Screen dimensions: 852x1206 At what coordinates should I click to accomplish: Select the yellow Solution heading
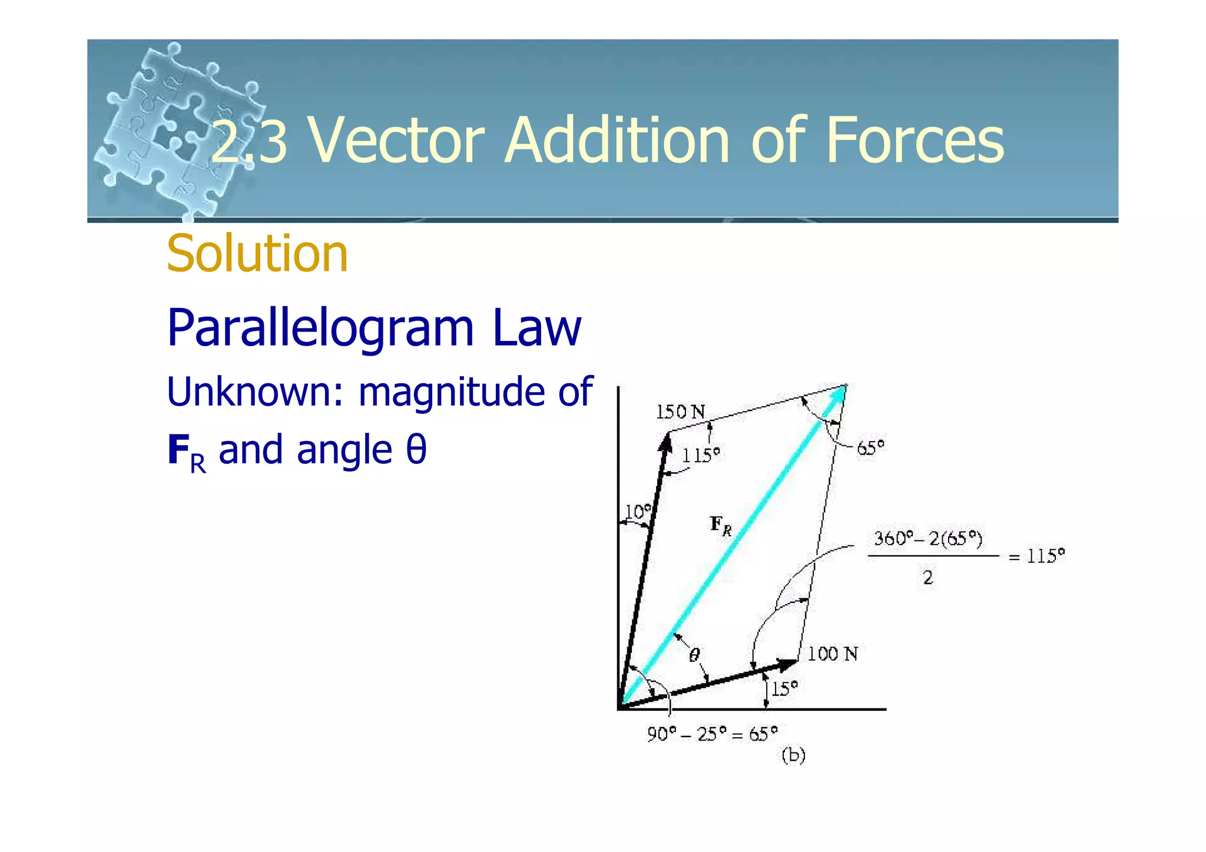tap(257, 254)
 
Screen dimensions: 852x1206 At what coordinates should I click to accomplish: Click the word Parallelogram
tap(321, 329)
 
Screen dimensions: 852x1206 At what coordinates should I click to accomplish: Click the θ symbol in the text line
tap(416, 450)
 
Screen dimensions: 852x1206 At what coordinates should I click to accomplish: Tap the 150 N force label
tap(680, 412)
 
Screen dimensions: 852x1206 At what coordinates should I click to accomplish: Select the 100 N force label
tap(832, 654)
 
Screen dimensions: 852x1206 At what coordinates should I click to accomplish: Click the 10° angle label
tap(638, 512)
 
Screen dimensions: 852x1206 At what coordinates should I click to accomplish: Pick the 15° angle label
tap(784, 689)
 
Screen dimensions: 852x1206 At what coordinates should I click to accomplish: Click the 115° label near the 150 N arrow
tap(701, 455)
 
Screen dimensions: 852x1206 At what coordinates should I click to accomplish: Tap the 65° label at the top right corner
tap(870, 449)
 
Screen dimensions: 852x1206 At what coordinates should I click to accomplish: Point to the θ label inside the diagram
tap(695, 655)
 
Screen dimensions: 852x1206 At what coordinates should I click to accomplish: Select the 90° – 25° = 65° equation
tap(712, 734)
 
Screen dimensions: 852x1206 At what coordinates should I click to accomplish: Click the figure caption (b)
tap(793, 755)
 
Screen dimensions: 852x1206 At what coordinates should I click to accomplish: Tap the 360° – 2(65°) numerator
tap(928, 539)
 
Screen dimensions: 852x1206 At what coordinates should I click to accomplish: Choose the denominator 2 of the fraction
tap(928, 578)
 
